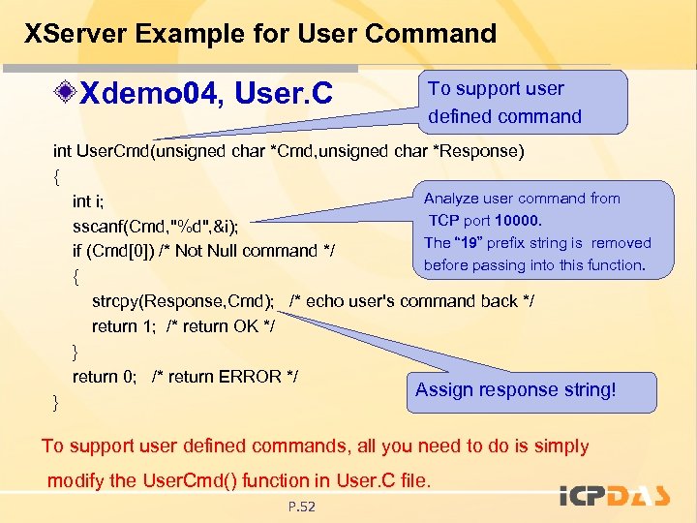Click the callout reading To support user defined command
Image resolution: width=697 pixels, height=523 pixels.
tap(504, 102)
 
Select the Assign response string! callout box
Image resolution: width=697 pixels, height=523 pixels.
tap(515, 390)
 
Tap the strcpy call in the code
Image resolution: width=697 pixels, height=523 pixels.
tap(116, 301)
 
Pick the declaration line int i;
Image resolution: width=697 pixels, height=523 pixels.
tap(88, 201)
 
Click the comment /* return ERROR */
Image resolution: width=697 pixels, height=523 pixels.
tap(225, 377)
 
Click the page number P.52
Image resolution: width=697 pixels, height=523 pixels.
tap(302, 507)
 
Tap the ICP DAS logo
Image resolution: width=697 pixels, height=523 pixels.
tap(615, 498)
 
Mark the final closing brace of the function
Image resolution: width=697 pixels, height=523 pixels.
tap(56, 401)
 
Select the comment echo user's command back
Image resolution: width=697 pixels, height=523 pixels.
tap(411, 301)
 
